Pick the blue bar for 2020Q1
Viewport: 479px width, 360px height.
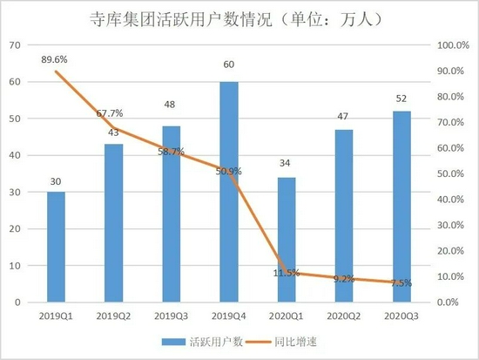287,240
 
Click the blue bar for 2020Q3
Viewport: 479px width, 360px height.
401,207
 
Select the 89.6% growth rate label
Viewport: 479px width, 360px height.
57,58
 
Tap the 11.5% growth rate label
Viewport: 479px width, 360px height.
286,273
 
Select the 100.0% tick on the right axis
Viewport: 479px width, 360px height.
451,44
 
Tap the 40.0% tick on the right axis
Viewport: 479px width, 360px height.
451,200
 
